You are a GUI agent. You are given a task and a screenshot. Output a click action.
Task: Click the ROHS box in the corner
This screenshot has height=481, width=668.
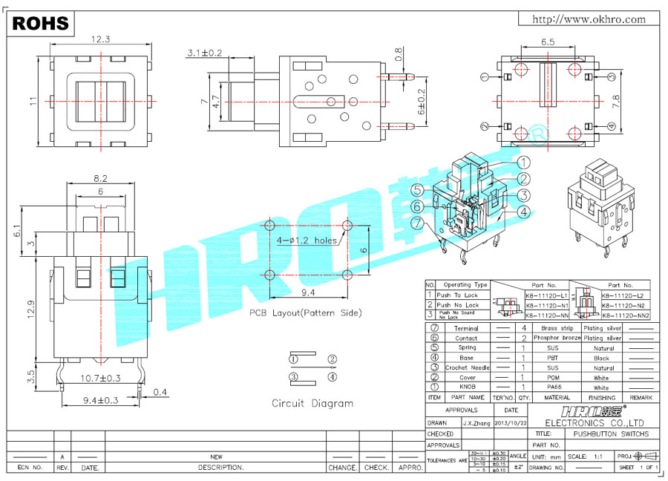point(41,24)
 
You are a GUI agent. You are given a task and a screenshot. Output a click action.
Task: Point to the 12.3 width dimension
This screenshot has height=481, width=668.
point(101,39)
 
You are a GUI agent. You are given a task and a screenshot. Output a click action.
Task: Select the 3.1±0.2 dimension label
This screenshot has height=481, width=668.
point(205,53)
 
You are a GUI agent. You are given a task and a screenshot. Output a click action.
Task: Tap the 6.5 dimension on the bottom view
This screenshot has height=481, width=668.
point(549,43)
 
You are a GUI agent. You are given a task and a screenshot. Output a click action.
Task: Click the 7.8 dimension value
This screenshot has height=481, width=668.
point(615,102)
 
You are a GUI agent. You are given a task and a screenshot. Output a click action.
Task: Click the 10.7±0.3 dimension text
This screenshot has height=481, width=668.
point(101,379)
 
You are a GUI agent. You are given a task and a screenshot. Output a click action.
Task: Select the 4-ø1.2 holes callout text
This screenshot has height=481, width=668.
point(307,240)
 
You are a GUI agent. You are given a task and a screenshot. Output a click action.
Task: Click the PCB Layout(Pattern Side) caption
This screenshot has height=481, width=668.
point(305,313)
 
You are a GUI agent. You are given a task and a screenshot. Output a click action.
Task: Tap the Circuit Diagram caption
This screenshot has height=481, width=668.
point(312,404)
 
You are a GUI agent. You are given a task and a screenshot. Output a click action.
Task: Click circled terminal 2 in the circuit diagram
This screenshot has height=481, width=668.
point(332,360)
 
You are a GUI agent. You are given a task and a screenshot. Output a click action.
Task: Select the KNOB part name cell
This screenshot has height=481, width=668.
point(467,387)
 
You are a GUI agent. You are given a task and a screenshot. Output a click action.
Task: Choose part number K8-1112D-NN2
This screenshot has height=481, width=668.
point(625,315)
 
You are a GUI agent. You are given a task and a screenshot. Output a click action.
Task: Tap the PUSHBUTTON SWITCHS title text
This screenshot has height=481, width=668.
point(611,433)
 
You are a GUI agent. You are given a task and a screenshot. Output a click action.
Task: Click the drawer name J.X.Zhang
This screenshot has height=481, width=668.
point(475,423)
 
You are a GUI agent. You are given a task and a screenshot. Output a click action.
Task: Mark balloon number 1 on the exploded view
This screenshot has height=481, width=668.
point(524,163)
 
